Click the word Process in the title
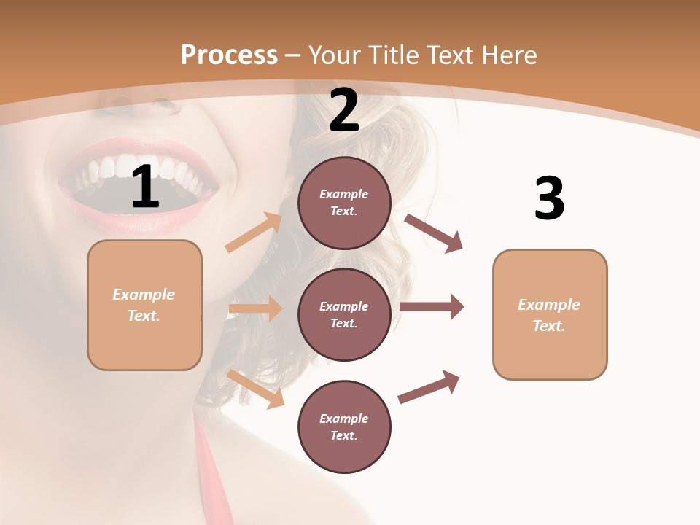point(229,55)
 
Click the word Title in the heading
point(391,55)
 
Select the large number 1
point(145,187)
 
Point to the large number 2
point(344,110)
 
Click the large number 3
point(549,198)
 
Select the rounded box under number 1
point(144,305)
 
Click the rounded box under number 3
point(550,314)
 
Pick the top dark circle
point(344,203)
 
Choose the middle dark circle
point(344,314)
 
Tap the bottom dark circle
point(344,427)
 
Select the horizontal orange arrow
point(255,308)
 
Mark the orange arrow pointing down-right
point(256,389)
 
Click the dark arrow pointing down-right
point(434,233)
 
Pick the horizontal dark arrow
point(432,307)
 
